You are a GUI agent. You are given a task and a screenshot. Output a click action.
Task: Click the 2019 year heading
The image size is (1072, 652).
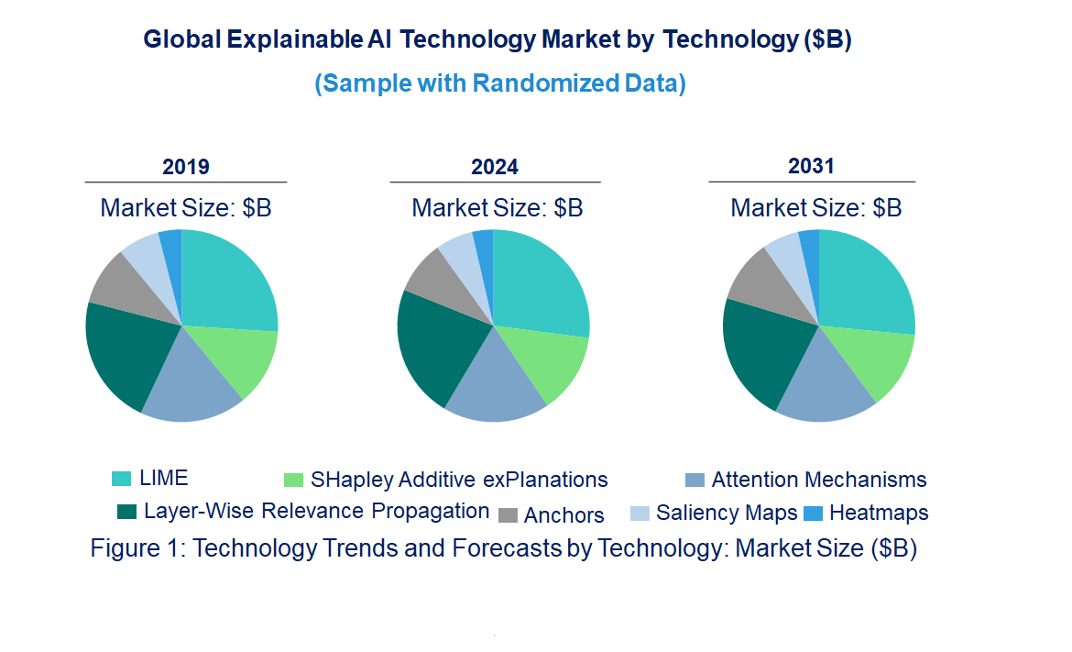186,167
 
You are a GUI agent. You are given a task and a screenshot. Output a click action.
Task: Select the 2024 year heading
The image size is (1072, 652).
495,167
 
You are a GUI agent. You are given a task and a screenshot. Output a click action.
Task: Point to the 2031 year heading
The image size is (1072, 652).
812,166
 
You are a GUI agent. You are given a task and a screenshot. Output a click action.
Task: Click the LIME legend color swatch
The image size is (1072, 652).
121,479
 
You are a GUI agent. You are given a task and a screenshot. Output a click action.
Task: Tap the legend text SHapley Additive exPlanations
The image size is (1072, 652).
459,480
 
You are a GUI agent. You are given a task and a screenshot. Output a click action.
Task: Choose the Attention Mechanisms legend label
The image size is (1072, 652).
818,480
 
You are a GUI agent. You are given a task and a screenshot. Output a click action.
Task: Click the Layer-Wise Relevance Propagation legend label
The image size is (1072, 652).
316,511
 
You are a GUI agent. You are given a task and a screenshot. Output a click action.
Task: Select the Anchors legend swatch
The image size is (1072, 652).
509,514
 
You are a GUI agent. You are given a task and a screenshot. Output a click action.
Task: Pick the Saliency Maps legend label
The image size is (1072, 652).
727,513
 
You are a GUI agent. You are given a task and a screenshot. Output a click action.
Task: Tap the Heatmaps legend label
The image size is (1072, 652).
879,513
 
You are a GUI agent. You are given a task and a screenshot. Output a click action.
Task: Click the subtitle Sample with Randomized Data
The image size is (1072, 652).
500,83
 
